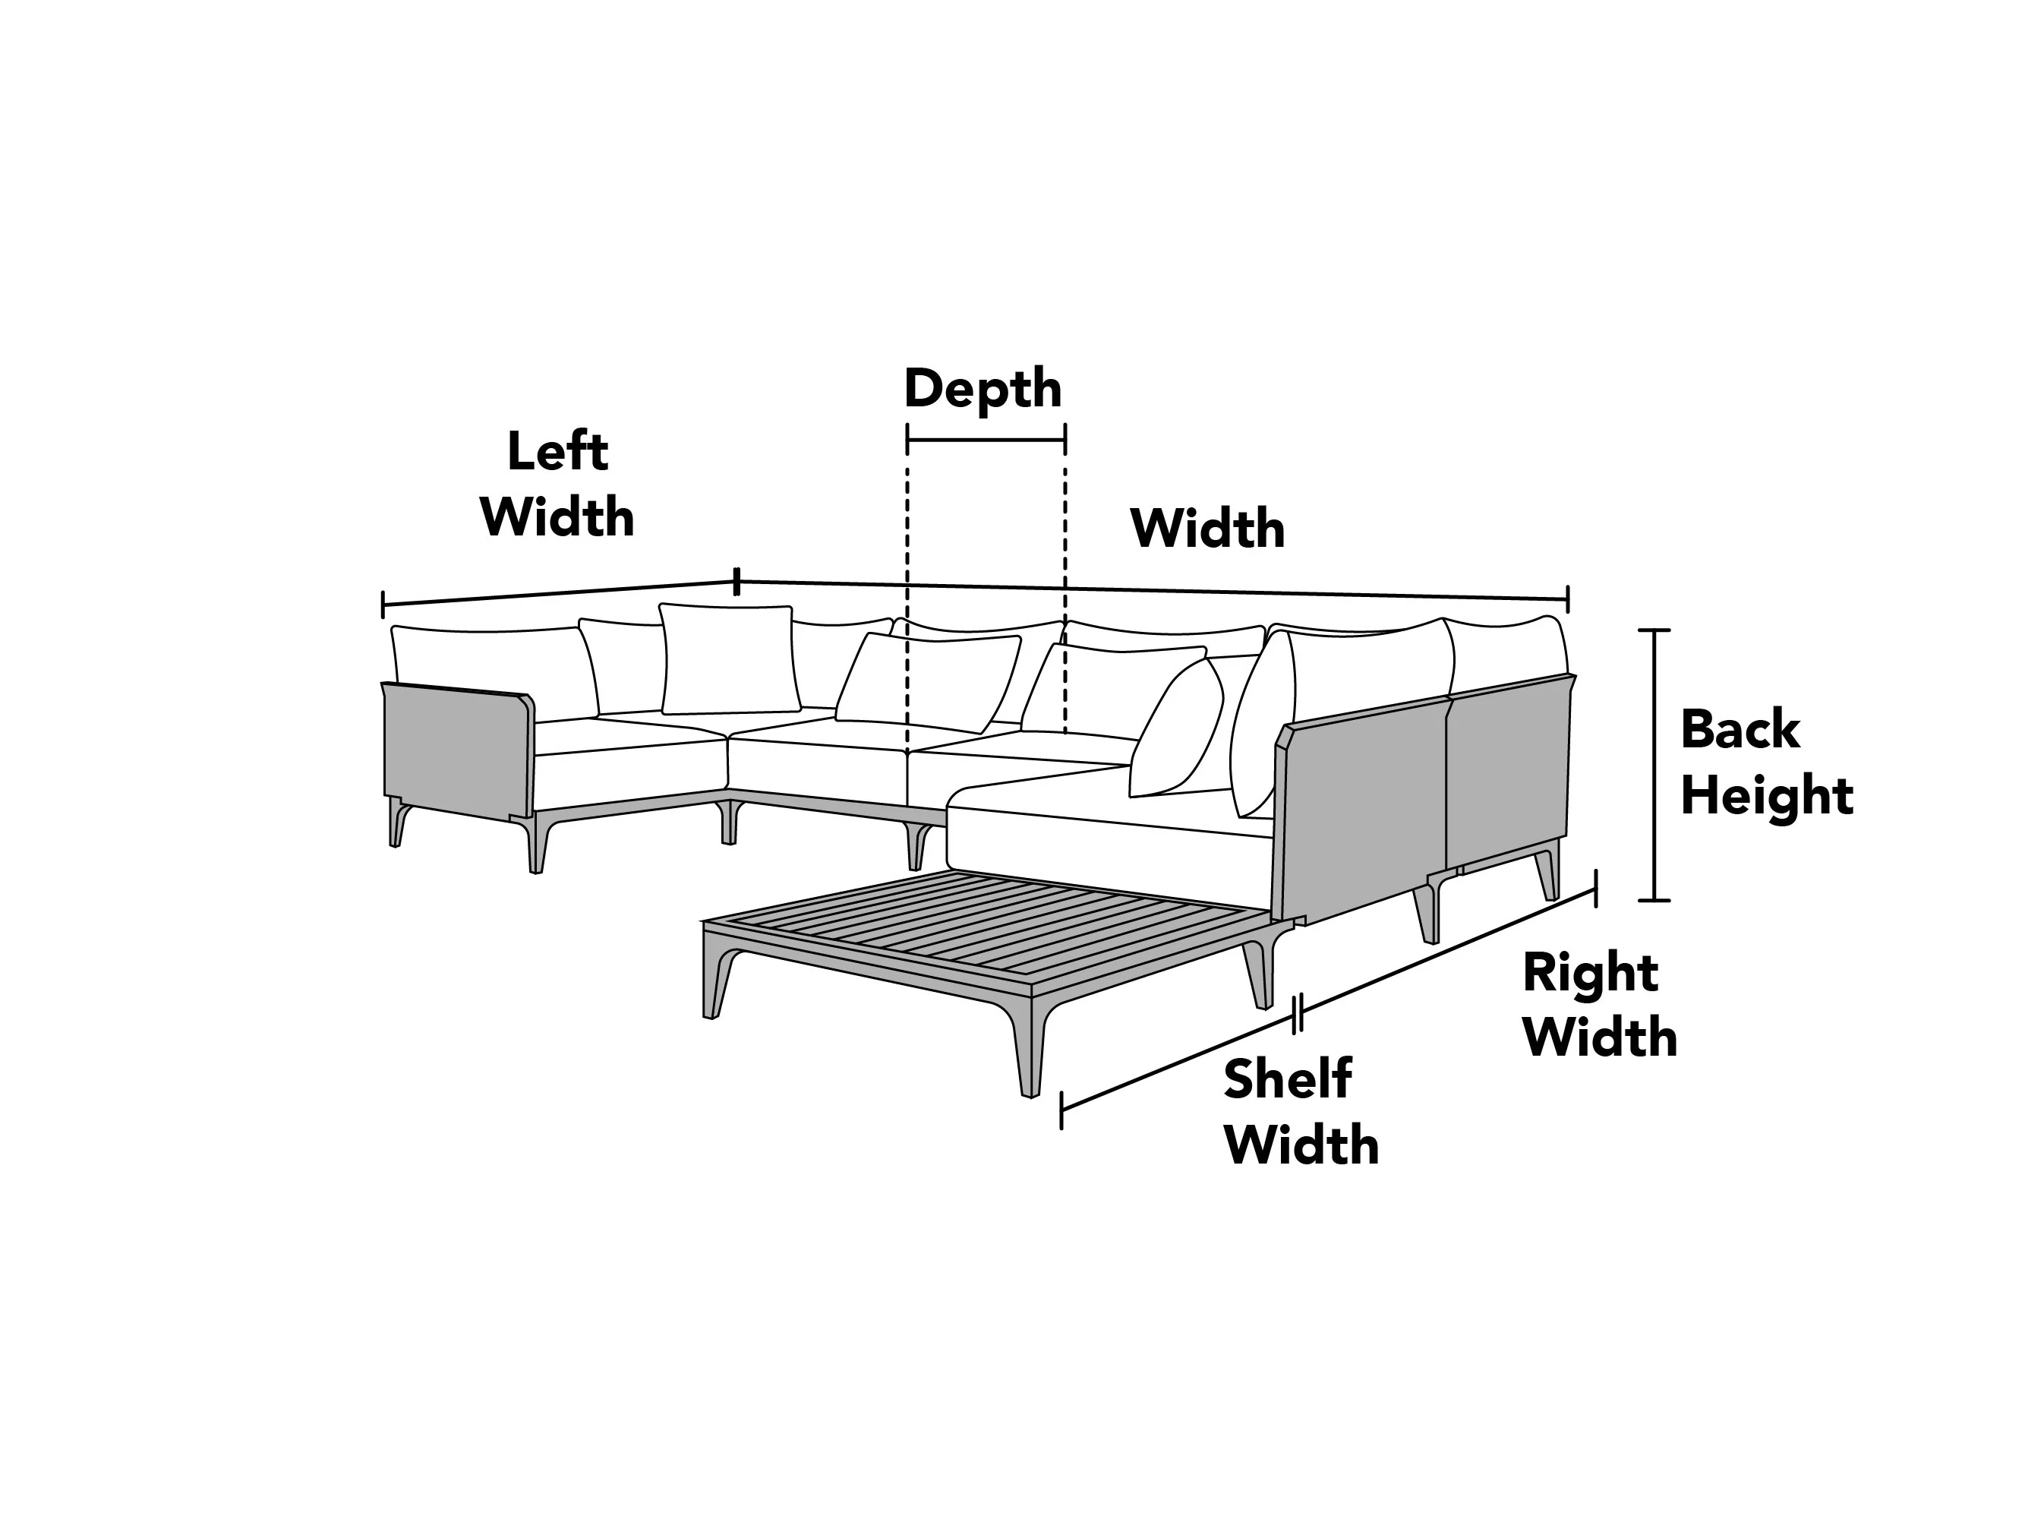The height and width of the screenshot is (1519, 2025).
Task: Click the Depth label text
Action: pyautogui.click(x=983, y=388)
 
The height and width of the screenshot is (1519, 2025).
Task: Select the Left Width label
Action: pyautogui.click(x=557, y=485)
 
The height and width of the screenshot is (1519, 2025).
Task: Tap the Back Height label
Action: pyautogui.click(x=1767, y=762)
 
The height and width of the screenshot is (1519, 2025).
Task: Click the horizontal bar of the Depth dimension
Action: pyautogui.click(x=986, y=440)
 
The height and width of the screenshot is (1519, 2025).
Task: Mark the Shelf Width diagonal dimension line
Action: pyautogui.click(x=1178, y=1063)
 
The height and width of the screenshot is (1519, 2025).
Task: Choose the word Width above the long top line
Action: pyautogui.click(x=1207, y=529)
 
